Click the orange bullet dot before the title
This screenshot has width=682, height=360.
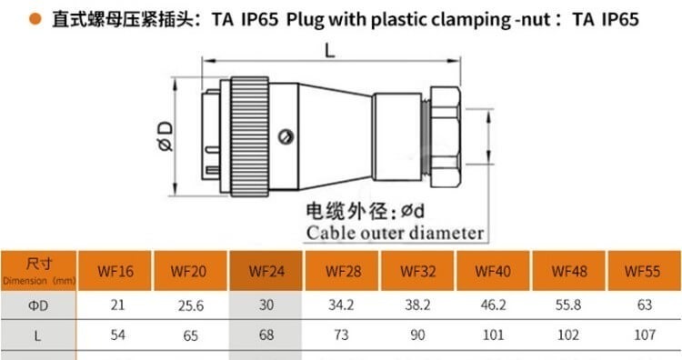tap(35, 19)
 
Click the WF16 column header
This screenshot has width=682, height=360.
tap(115, 271)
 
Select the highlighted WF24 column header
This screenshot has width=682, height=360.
tap(266, 271)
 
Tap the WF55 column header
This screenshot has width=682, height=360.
tap(642, 271)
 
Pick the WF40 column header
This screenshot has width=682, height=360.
tap(493, 271)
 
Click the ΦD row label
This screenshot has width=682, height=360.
tap(38, 305)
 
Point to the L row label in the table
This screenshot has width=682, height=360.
tap(37, 335)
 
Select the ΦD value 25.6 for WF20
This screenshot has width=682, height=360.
tap(191, 305)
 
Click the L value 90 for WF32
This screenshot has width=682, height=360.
tap(417, 335)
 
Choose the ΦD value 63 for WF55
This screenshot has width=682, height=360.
tap(644, 305)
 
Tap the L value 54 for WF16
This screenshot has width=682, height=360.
tap(117, 335)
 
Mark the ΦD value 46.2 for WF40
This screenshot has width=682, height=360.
tap(493, 305)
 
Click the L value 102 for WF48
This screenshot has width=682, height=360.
tap(568, 335)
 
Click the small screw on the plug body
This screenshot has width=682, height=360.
tap(286, 137)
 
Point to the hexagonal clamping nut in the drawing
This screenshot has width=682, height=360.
tap(445, 137)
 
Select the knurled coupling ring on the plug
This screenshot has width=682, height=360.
tap(250, 137)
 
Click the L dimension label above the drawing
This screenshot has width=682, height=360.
tap(330, 52)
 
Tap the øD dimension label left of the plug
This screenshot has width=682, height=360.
tap(165, 136)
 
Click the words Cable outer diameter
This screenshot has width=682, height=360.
tap(395, 233)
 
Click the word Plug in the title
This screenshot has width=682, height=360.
tap(305, 20)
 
